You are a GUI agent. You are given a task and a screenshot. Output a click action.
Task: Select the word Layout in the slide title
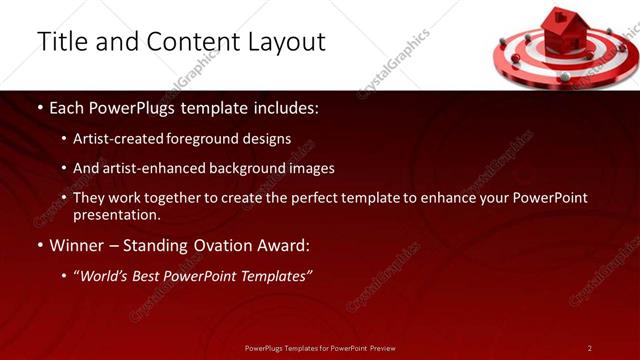pos(284,42)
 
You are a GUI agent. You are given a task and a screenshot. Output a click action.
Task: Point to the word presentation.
pos(117,215)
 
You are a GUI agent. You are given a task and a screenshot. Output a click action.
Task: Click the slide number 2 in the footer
pos(590,348)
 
